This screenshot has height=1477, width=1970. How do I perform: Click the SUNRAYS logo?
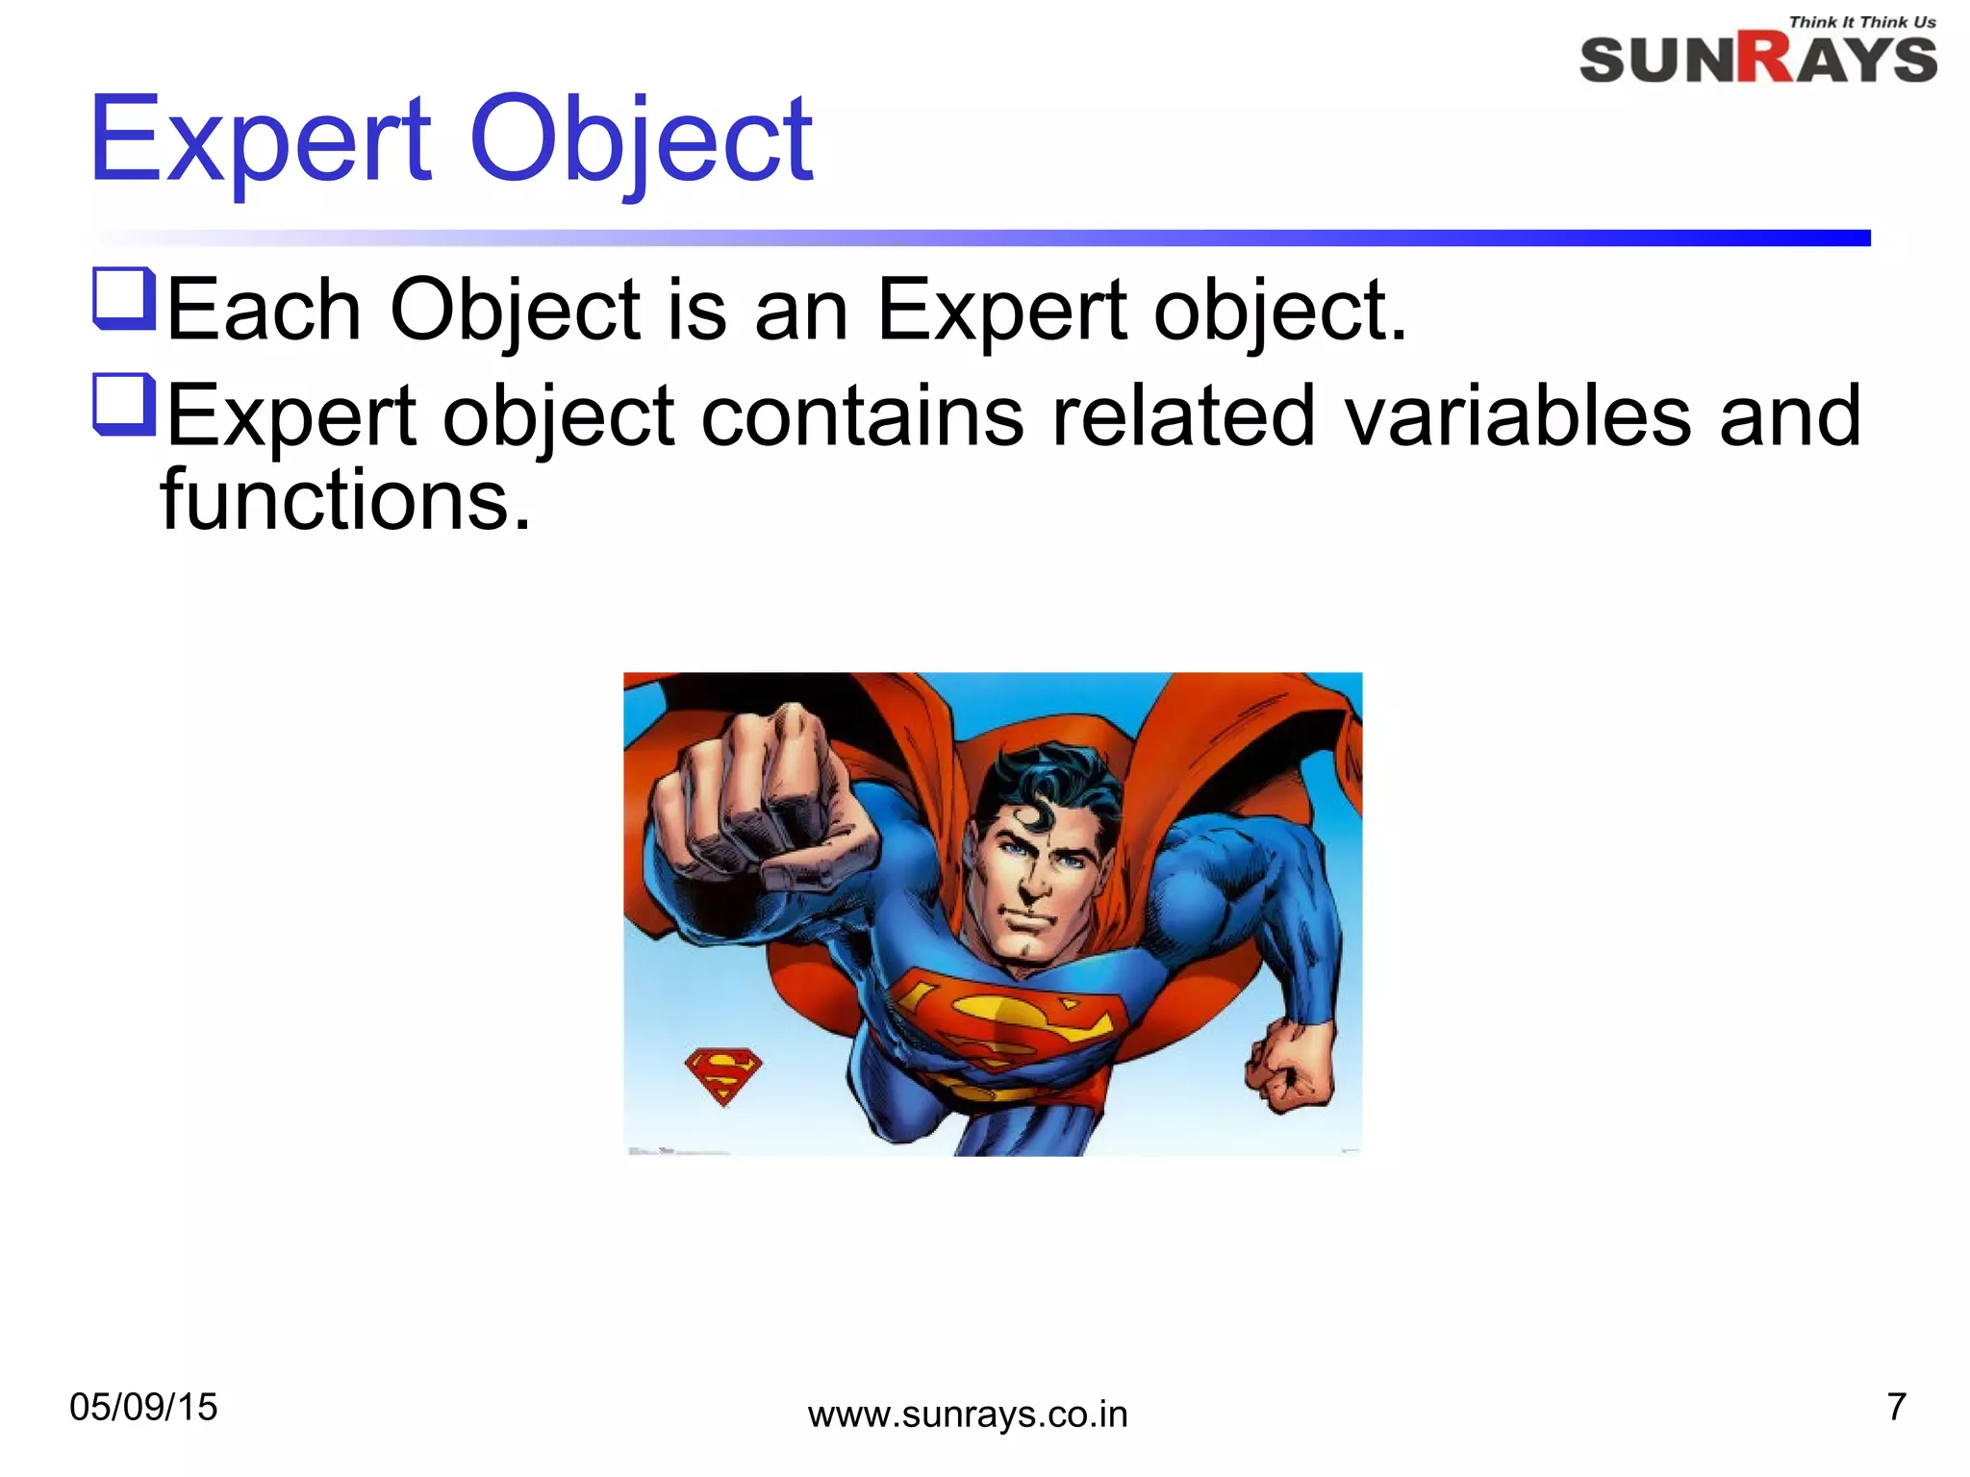(1757, 59)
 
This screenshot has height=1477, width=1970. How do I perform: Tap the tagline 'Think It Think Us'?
(1861, 22)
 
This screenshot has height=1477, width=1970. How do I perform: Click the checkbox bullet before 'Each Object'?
(124, 299)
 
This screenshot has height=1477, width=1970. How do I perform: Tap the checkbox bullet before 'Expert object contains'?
(124, 405)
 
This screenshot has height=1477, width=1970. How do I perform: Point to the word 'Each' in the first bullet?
(265, 310)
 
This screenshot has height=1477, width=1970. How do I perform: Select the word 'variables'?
(1517, 415)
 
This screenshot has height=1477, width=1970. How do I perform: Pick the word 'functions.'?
(345, 500)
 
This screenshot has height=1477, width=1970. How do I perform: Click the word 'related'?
(1183, 415)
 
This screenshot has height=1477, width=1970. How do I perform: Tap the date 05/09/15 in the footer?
(144, 1408)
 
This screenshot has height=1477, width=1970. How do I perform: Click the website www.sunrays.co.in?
(968, 1414)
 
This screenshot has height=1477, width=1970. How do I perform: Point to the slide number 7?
(1896, 1407)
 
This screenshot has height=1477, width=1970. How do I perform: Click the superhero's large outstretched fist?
(760, 798)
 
